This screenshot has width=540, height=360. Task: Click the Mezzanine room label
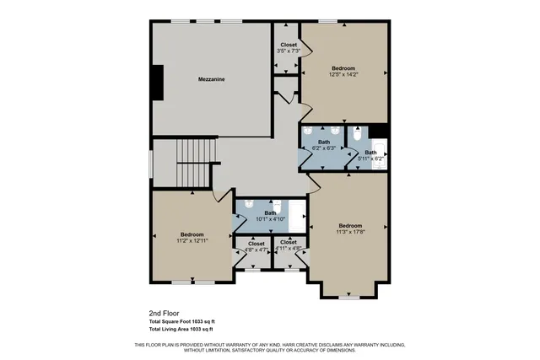[x=210, y=78]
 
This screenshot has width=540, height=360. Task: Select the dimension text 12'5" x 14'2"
[x=343, y=74]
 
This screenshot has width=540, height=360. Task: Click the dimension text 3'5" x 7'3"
[x=289, y=51]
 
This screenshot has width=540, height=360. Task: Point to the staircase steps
[x=196, y=164]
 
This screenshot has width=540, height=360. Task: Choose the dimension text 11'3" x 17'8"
[x=350, y=232]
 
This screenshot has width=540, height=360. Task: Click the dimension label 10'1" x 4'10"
[x=270, y=219]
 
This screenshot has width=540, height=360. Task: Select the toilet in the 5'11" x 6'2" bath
[x=357, y=133]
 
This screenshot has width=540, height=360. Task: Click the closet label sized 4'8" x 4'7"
[x=256, y=250]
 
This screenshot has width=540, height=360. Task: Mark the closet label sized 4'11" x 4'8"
[x=289, y=249]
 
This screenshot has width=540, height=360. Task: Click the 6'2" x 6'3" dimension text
[x=324, y=148]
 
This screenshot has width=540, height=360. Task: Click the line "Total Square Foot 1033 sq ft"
[x=182, y=321]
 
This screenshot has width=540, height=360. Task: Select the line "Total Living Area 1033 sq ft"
[x=181, y=329]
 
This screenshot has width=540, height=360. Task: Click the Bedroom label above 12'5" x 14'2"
[x=343, y=67]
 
